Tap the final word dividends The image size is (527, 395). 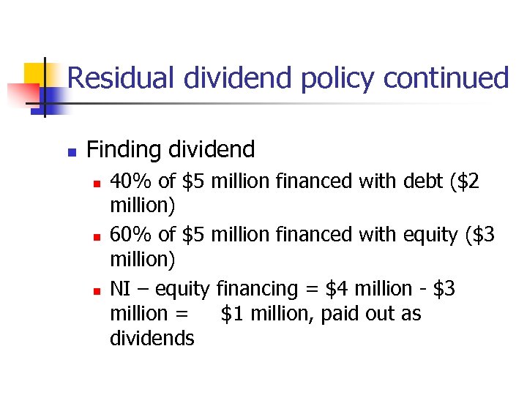point(152,338)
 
